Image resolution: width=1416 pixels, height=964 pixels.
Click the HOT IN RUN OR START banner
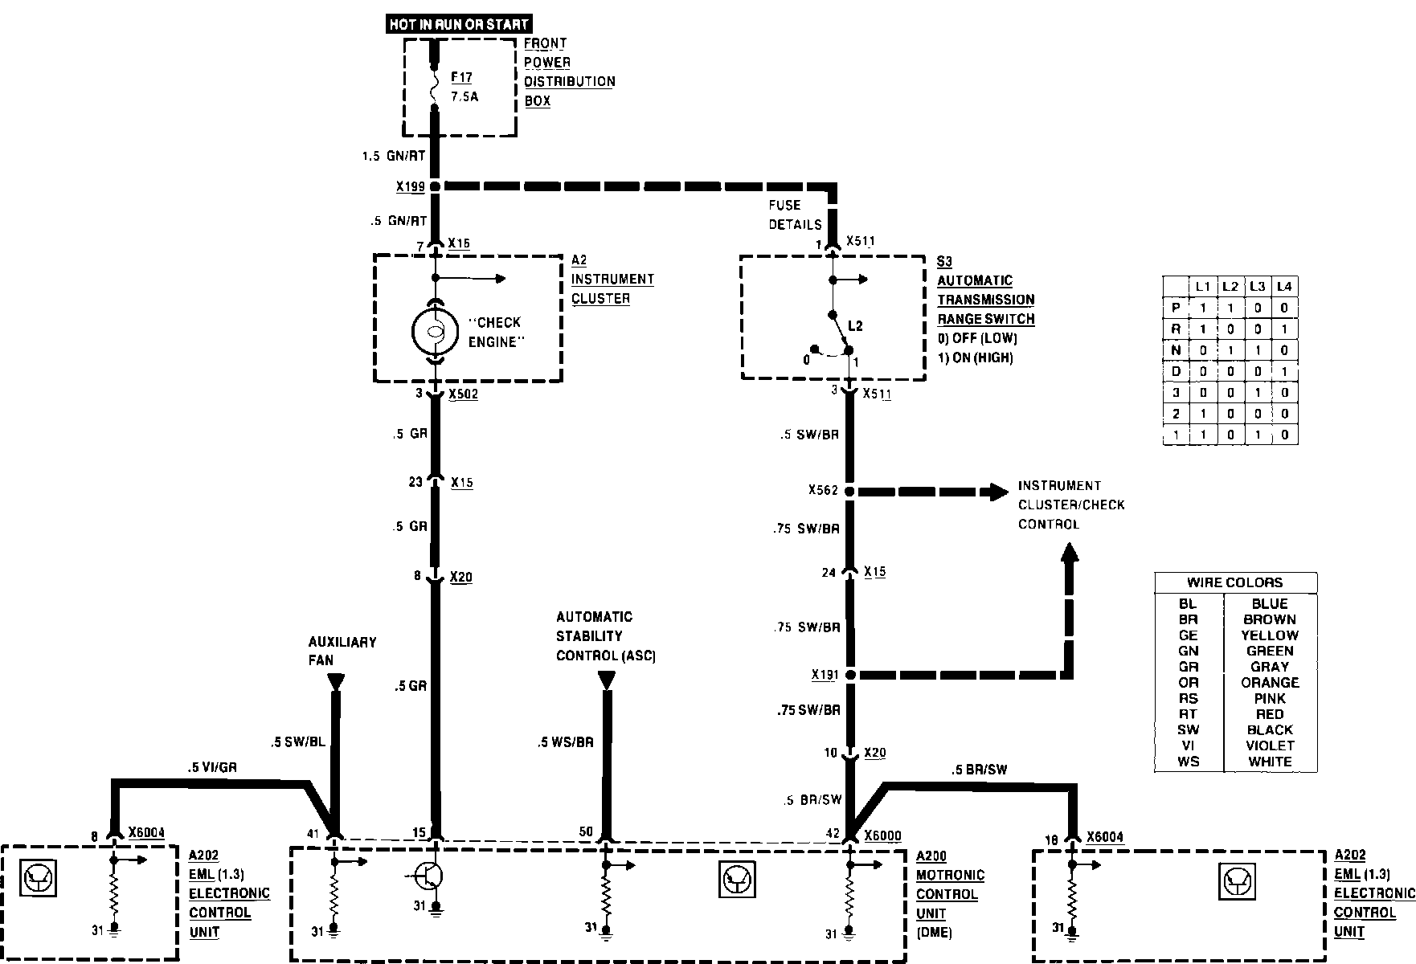pos(459,24)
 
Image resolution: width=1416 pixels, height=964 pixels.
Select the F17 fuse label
pos(461,78)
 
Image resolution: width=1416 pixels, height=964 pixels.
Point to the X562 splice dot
pos(850,491)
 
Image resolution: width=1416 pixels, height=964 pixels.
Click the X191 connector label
pos(825,675)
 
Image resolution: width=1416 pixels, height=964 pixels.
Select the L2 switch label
pos(855,326)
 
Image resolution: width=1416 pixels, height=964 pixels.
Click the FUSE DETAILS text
pos(795,214)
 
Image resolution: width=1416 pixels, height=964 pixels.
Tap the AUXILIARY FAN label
pos(342,651)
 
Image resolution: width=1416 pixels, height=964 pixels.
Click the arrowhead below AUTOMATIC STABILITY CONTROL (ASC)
pos(607,680)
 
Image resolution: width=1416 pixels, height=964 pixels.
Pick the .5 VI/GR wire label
pos(212,768)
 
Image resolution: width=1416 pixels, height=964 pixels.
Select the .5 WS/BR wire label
pos(565,742)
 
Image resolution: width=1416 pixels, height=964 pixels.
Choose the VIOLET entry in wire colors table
pos(1270,745)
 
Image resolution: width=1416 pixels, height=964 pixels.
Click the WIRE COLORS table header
pos(1234,582)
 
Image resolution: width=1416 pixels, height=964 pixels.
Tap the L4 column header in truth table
pos(1284,286)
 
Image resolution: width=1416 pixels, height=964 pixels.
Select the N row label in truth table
pos(1176,350)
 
